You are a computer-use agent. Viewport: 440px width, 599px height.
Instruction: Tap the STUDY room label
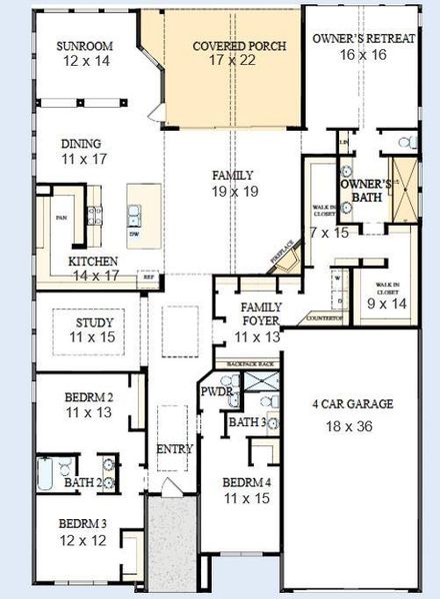[96, 323]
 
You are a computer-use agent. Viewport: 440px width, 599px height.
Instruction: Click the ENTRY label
[175, 450]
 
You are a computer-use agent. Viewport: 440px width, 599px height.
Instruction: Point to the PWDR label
[216, 392]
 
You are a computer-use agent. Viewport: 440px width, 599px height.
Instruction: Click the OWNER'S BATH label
[362, 191]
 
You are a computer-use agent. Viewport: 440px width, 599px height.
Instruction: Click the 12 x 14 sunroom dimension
[84, 62]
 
